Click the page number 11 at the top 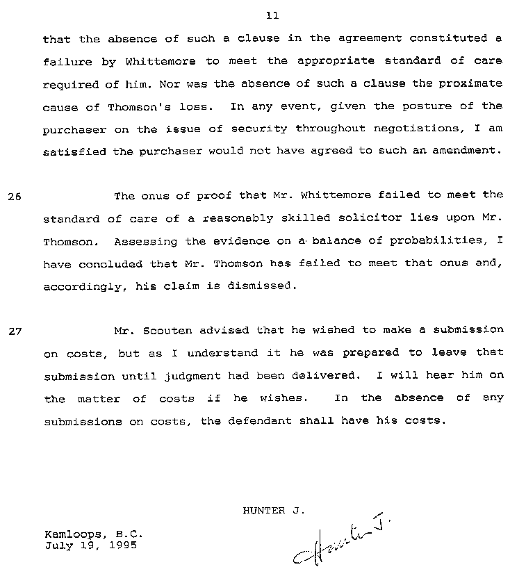point(272,15)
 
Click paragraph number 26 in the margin point(15,197)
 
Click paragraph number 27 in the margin point(15,331)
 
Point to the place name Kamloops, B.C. point(94,534)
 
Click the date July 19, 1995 point(90,545)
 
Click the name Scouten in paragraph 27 point(165,330)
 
